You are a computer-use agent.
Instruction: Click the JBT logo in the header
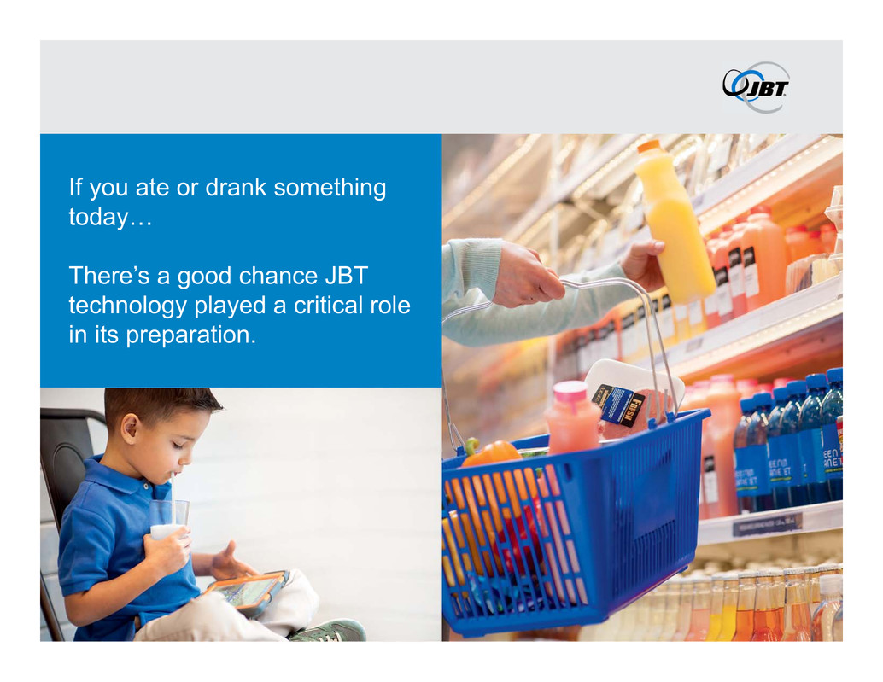click(x=756, y=87)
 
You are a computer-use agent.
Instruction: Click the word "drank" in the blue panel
click(x=236, y=188)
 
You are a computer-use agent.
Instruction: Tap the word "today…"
click(x=110, y=217)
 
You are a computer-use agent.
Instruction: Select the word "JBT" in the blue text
click(x=347, y=276)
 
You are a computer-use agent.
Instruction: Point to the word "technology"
click(x=128, y=306)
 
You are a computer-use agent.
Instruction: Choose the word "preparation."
click(x=191, y=335)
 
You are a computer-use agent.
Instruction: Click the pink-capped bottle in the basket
click(x=572, y=417)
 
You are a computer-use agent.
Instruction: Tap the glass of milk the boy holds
click(x=168, y=521)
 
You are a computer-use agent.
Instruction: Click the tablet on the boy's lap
click(x=248, y=592)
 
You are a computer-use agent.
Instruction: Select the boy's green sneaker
click(x=329, y=630)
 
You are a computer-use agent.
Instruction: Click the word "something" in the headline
click(x=330, y=189)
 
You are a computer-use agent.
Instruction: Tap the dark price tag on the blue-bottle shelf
click(x=767, y=525)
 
